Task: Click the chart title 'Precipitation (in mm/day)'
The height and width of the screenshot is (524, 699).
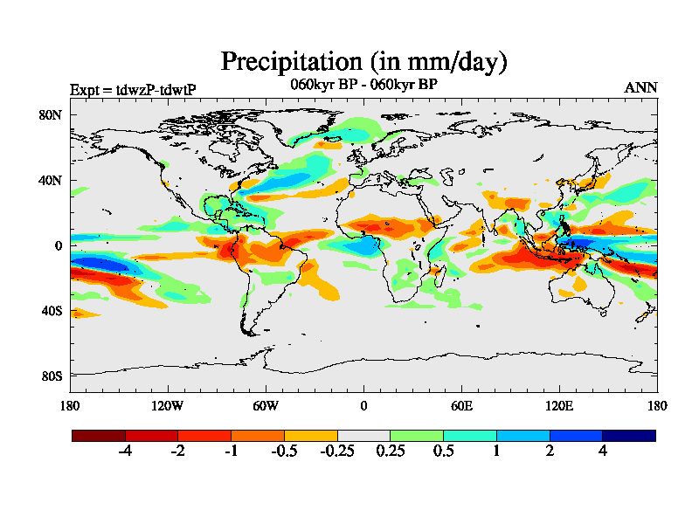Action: pos(363,62)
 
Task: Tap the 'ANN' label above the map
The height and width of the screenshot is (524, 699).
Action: pos(640,87)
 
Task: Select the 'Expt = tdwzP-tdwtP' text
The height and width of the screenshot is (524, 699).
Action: pos(132,89)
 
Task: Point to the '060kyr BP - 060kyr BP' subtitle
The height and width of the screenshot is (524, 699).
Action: pos(363,85)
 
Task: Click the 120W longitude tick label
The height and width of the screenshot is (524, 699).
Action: pos(168,405)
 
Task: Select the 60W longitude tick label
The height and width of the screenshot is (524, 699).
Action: pos(266,405)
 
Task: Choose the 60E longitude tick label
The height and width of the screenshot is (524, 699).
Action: pos(461,405)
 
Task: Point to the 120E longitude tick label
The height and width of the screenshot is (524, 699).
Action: pos(559,405)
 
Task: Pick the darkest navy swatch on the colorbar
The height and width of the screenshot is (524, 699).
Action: pos(628,435)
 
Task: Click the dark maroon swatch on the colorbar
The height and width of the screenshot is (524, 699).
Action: pos(99,435)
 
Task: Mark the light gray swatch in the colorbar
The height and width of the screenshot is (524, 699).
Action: pos(363,435)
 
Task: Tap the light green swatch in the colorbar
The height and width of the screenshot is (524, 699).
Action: pos(417,435)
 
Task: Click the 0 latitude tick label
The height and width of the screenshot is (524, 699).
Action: pos(59,246)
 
